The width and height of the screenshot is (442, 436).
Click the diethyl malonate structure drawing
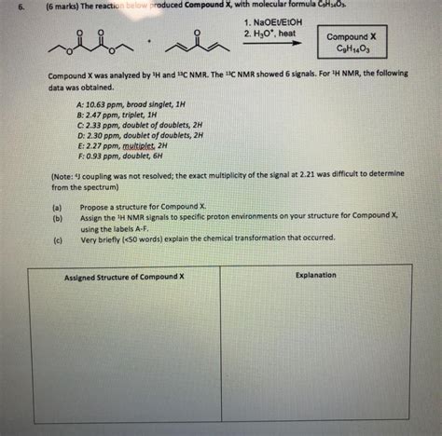[85, 46]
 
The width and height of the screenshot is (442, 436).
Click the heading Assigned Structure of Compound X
[124, 278]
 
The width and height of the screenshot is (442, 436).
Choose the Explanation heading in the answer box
[316, 276]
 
